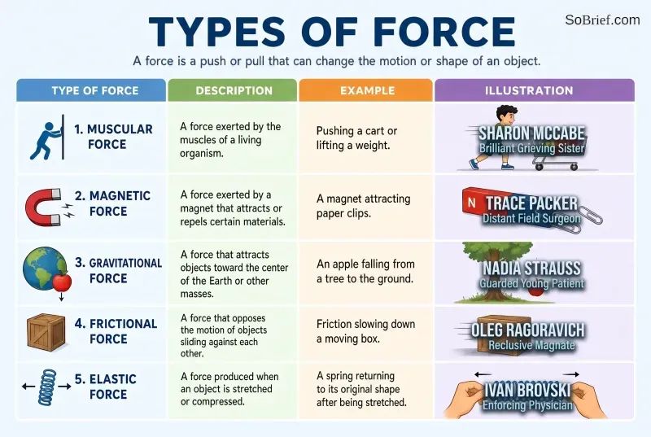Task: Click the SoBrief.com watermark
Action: [602, 20]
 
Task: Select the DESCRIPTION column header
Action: [234, 90]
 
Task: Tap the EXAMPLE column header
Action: [368, 90]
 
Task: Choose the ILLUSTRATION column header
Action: [529, 90]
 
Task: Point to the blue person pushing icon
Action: [46, 138]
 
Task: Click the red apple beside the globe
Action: [62, 282]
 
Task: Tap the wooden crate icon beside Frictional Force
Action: [46, 333]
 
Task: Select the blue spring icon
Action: [47, 387]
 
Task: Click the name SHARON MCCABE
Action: [532, 133]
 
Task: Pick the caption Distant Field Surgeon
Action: [531, 218]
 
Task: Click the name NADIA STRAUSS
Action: [531, 268]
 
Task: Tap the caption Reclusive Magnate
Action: [531, 345]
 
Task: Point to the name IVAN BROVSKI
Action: [527, 390]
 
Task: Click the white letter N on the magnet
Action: [471, 203]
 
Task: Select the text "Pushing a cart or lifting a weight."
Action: [356, 138]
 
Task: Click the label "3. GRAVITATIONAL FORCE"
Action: [118, 271]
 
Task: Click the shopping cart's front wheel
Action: [575, 168]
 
